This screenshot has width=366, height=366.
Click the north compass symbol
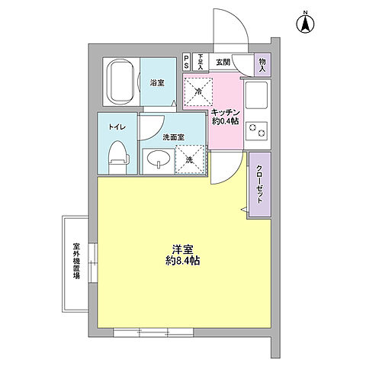tap(304, 24)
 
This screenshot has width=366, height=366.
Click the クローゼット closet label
tap(259, 183)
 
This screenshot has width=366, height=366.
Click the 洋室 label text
tap(181, 249)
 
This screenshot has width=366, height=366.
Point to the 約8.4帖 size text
tap(181, 261)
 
